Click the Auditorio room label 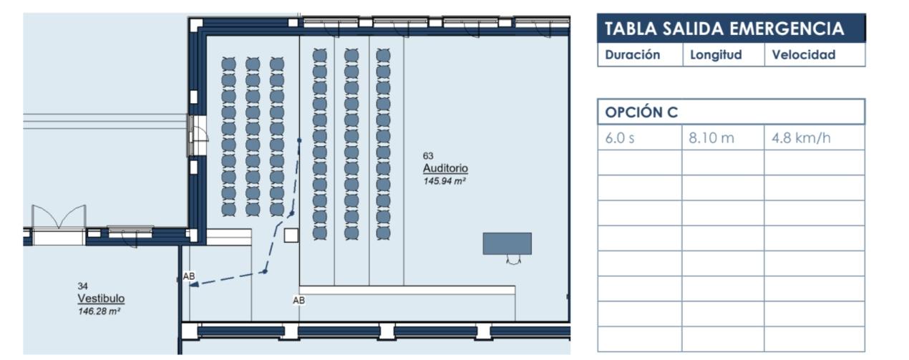[445, 169]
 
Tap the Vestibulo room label [101, 298]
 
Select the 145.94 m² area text [445, 182]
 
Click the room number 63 [429, 156]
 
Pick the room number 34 [82, 286]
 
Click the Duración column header [633, 55]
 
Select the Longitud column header [716, 55]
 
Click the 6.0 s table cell [620, 138]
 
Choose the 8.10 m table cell [711, 138]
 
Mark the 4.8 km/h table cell [801, 138]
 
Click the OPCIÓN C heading [641, 112]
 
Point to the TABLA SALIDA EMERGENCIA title [724, 29]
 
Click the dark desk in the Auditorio [507, 243]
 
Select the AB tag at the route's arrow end [189, 276]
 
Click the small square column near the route [291, 235]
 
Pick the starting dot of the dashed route [299, 141]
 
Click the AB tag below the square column [298, 301]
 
